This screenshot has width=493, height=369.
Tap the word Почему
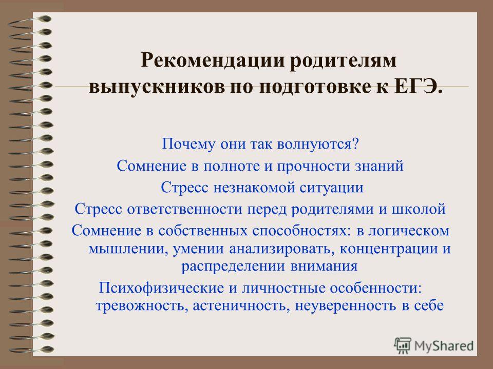pos(188,145)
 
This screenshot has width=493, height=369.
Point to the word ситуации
pos(331,188)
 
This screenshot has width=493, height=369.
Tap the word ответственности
pos(184,209)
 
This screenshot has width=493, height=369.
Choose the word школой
pos(419,209)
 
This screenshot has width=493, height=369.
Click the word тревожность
pos(142,305)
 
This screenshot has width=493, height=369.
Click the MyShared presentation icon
pos(403,345)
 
